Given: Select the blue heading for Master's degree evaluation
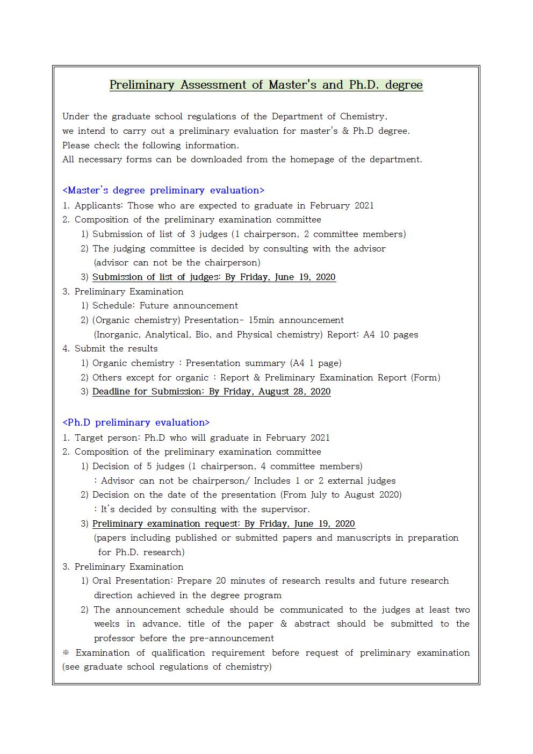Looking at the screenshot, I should (163, 190).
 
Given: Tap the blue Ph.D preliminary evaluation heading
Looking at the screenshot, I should (136, 422).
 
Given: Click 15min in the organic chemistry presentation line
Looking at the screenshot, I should (261, 320).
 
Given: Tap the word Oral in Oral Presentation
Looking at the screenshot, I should (102, 581).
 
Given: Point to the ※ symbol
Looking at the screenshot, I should (66, 652).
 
